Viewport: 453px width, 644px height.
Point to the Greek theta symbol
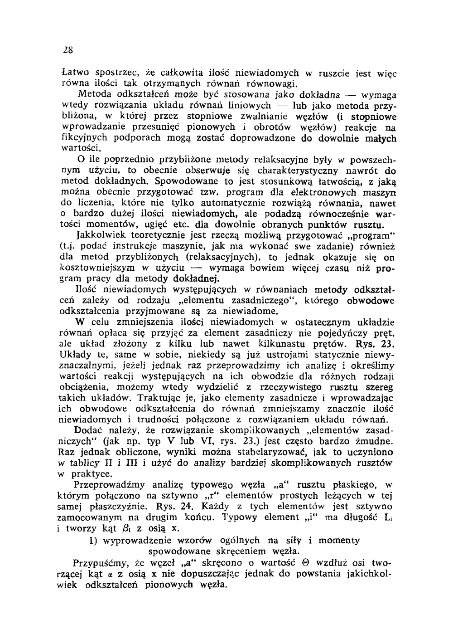[305, 563]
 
